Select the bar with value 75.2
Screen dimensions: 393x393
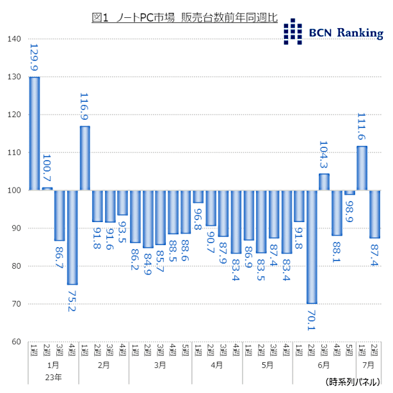pyautogui.click(x=72, y=237)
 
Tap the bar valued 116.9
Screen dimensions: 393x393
pyautogui.click(x=84, y=158)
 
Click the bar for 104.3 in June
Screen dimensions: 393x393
pyautogui.click(x=324, y=182)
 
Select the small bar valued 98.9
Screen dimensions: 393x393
pyautogui.click(x=349, y=193)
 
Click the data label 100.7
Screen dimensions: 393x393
pyautogui.click(x=47, y=170)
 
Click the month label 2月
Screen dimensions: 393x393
pyautogui.click(x=104, y=365)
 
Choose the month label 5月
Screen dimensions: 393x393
pyautogui.click(x=268, y=365)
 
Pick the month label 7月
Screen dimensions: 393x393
pyautogui.click(x=368, y=365)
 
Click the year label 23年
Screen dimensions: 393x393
pyautogui.click(x=54, y=377)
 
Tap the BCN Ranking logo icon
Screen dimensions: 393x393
pyautogui.click(x=293, y=31)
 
